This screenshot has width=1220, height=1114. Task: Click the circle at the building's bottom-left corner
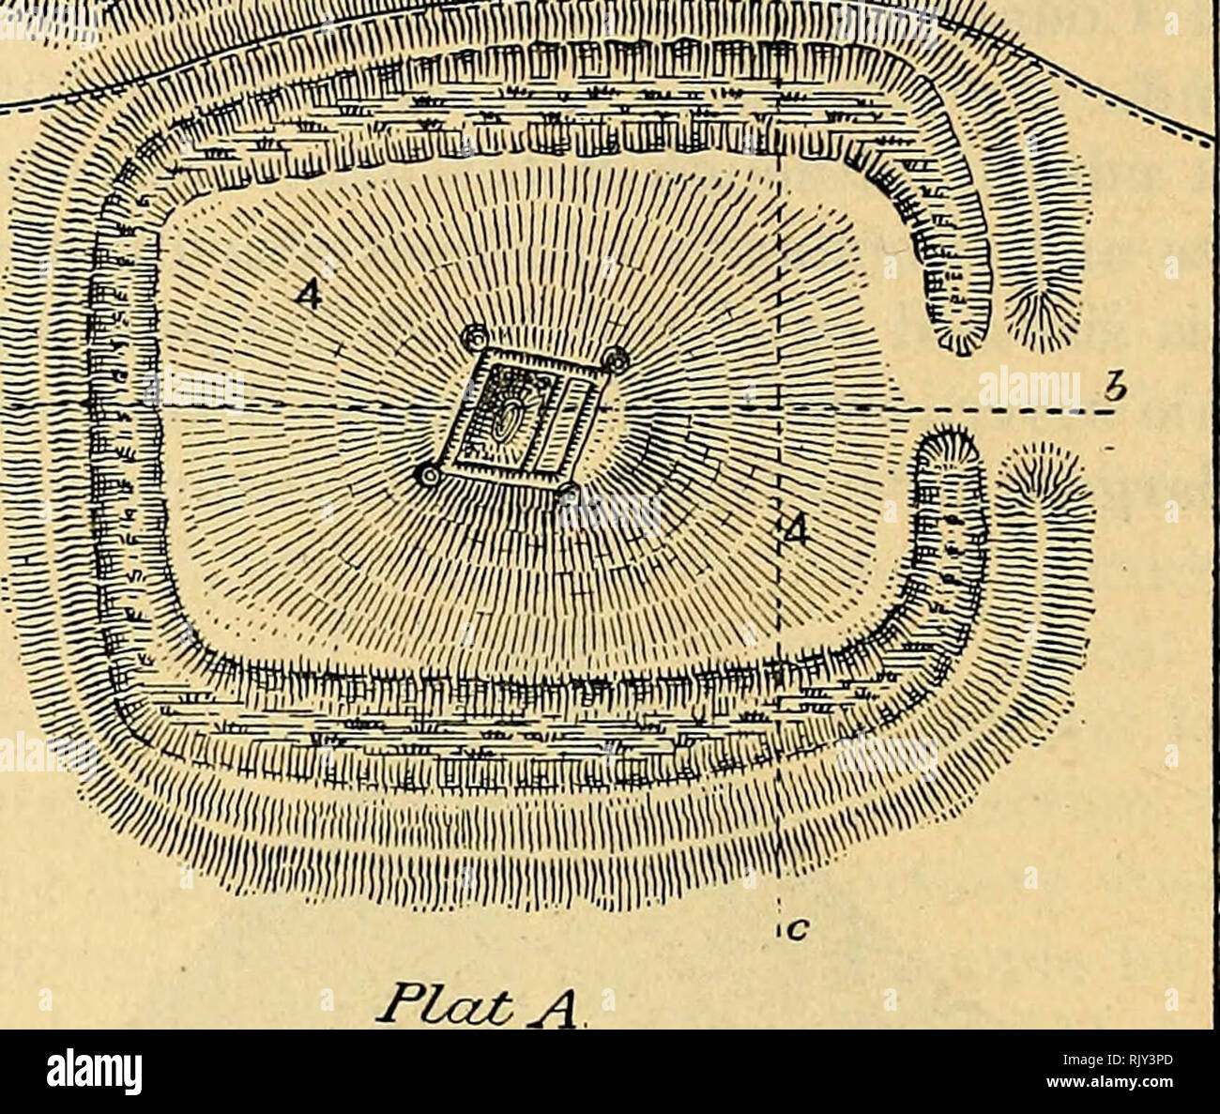pyautogui.click(x=429, y=477)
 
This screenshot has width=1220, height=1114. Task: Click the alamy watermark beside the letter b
pyautogui.click(x=1028, y=387)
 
